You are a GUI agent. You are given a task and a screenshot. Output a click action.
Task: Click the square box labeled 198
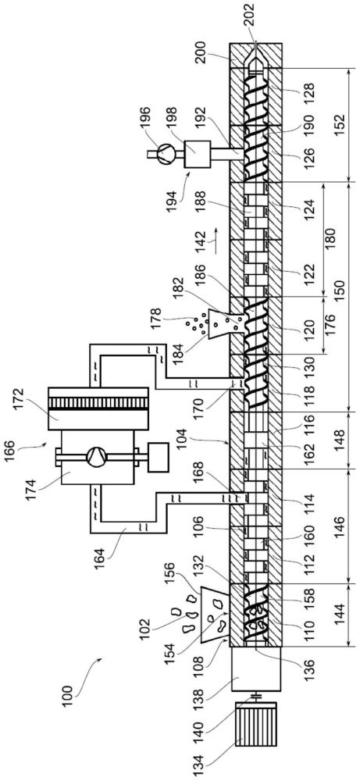[x=197, y=155]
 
